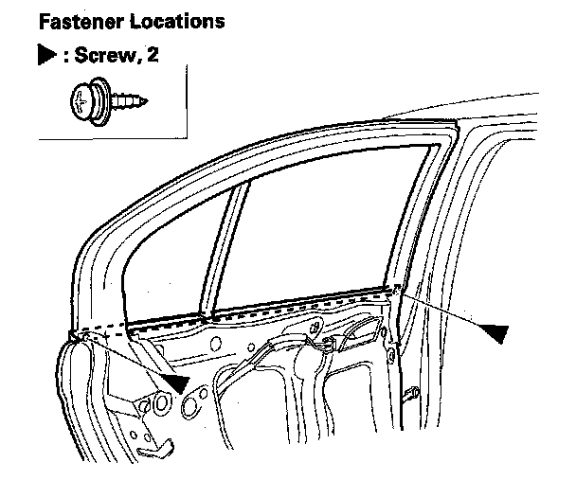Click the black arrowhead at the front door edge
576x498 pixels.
coord(173,382)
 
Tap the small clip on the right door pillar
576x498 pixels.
coord(411,391)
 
